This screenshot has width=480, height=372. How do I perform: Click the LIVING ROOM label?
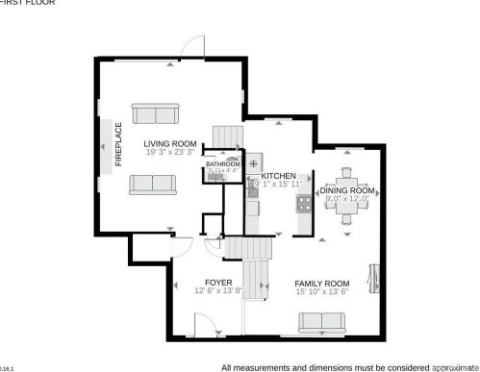point(170,145)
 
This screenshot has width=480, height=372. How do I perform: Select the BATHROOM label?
point(223,164)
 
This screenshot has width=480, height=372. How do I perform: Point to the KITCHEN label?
point(278,176)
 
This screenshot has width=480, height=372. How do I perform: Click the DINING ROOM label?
point(346,190)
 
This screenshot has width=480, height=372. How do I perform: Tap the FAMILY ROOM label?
point(322,283)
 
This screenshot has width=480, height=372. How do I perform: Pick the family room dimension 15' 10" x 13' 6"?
point(322,291)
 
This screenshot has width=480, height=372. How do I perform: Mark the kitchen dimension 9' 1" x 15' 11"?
point(278,184)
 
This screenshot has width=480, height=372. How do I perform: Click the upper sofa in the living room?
point(157,115)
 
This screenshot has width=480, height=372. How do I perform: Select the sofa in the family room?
point(322,322)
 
